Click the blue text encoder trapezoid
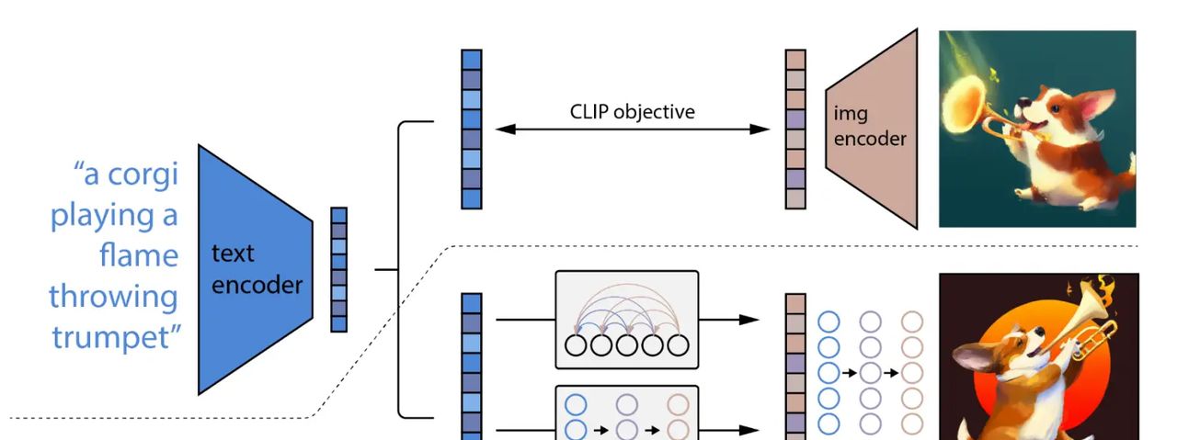click(x=253, y=268)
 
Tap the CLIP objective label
click(x=632, y=112)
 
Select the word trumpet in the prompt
click(x=115, y=336)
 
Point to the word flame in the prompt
click(x=138, y=254)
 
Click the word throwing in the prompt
click(x=113, y=296)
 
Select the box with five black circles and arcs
click(x=627, y=320)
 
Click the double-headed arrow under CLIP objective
click(x=632, y=130)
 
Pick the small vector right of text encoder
click(x=339, y=269)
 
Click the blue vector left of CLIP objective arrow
click(x=471, y=129)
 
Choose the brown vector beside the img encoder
click(x=795, y=129)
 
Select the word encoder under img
click(x=870, y=140)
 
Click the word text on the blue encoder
click(x=233, y=254)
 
